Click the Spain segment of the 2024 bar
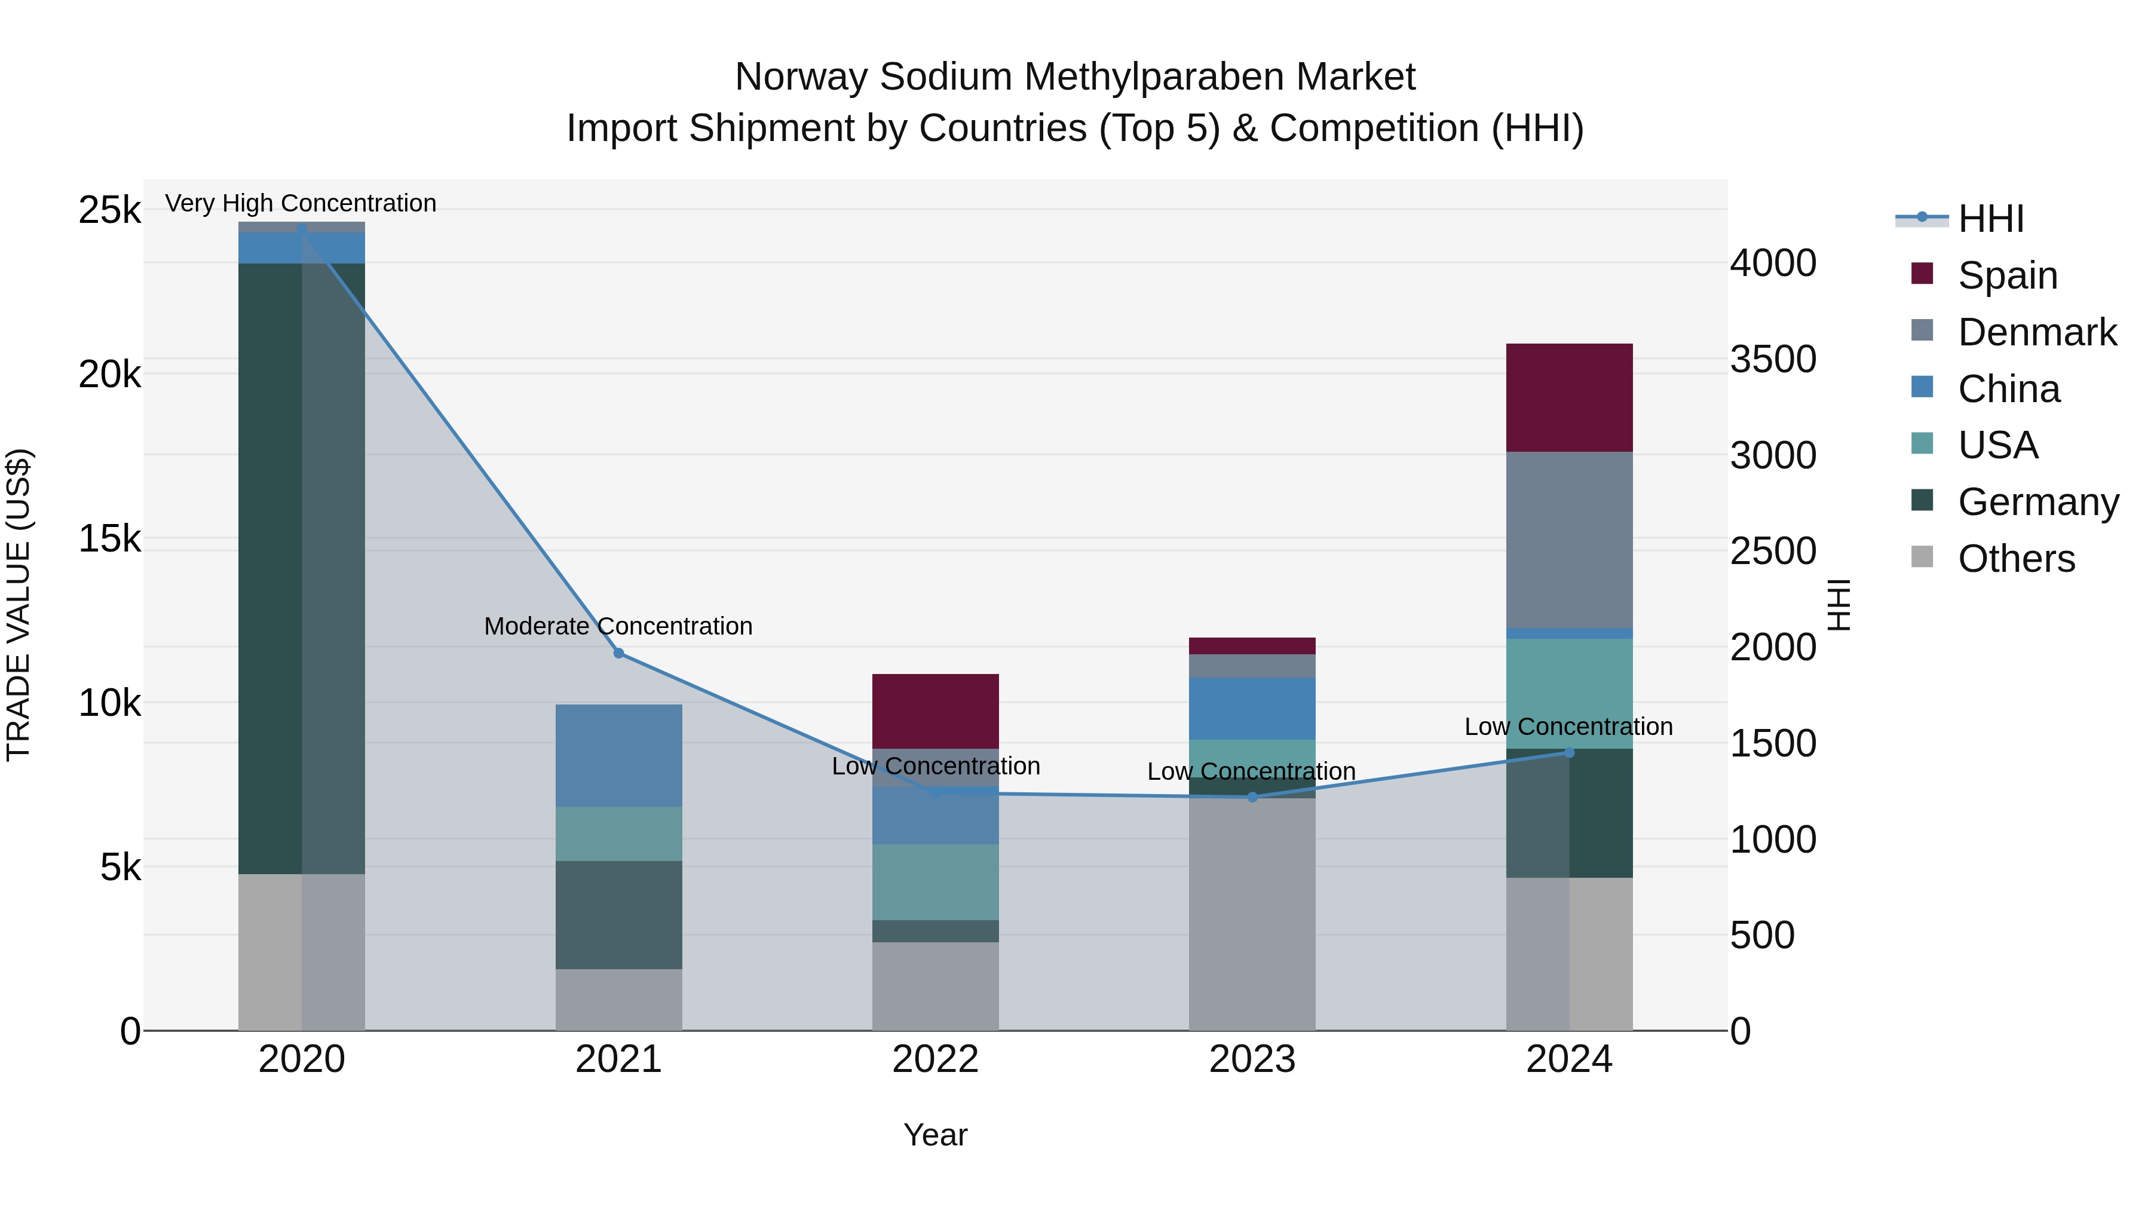1568,397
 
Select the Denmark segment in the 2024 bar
1568,540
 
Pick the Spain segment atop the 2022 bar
935,710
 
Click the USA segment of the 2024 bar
1568,693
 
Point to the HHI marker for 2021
619,653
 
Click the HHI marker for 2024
1568,752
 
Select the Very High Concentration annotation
301,203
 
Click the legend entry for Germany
2037,502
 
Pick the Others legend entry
2016,559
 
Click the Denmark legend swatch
1922,330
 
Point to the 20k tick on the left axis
110,374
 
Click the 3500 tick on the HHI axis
1772,359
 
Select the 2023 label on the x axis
1252,1059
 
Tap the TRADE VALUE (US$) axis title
19,605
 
